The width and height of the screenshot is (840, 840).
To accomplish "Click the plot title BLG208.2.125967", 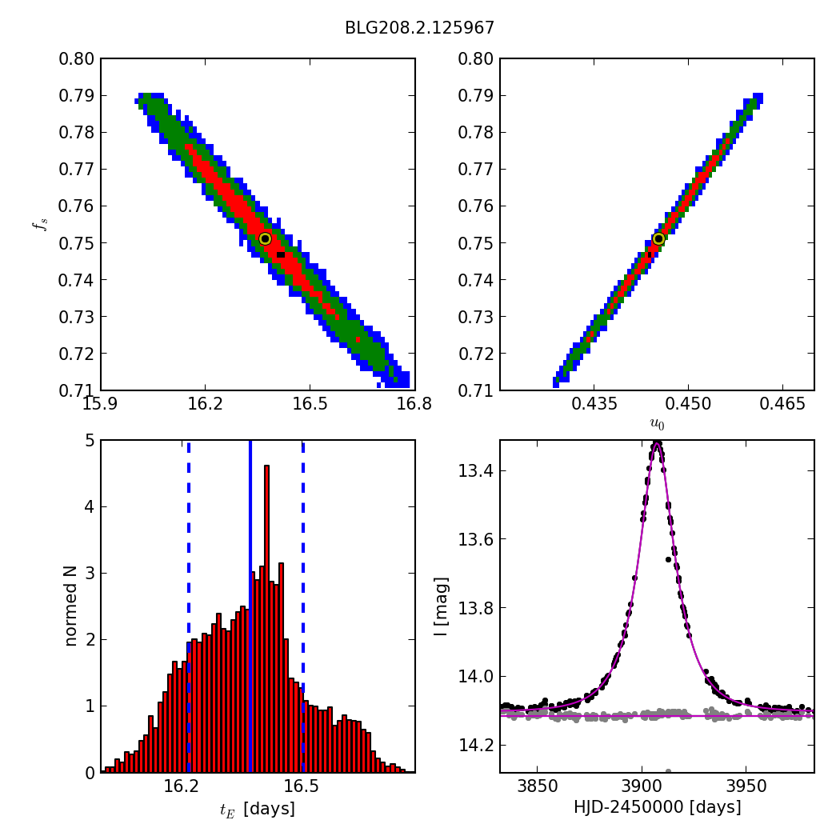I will click(419, 28).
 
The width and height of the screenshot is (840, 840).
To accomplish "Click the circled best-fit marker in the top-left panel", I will click(265, 238).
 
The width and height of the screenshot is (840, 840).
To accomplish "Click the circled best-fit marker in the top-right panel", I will click(658, 238).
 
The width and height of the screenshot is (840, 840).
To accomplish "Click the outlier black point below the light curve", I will click(668, 559).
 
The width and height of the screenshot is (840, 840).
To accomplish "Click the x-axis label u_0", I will click(657, 423).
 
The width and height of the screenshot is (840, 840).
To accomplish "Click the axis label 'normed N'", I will click(70, 606).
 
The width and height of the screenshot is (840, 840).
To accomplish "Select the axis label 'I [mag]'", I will click(441, 606).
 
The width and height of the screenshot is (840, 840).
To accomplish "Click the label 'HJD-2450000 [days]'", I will click(657, 808).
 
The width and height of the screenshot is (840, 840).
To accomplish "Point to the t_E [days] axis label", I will click(258, 810).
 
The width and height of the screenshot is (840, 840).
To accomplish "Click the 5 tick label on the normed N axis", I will click(89, 441).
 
